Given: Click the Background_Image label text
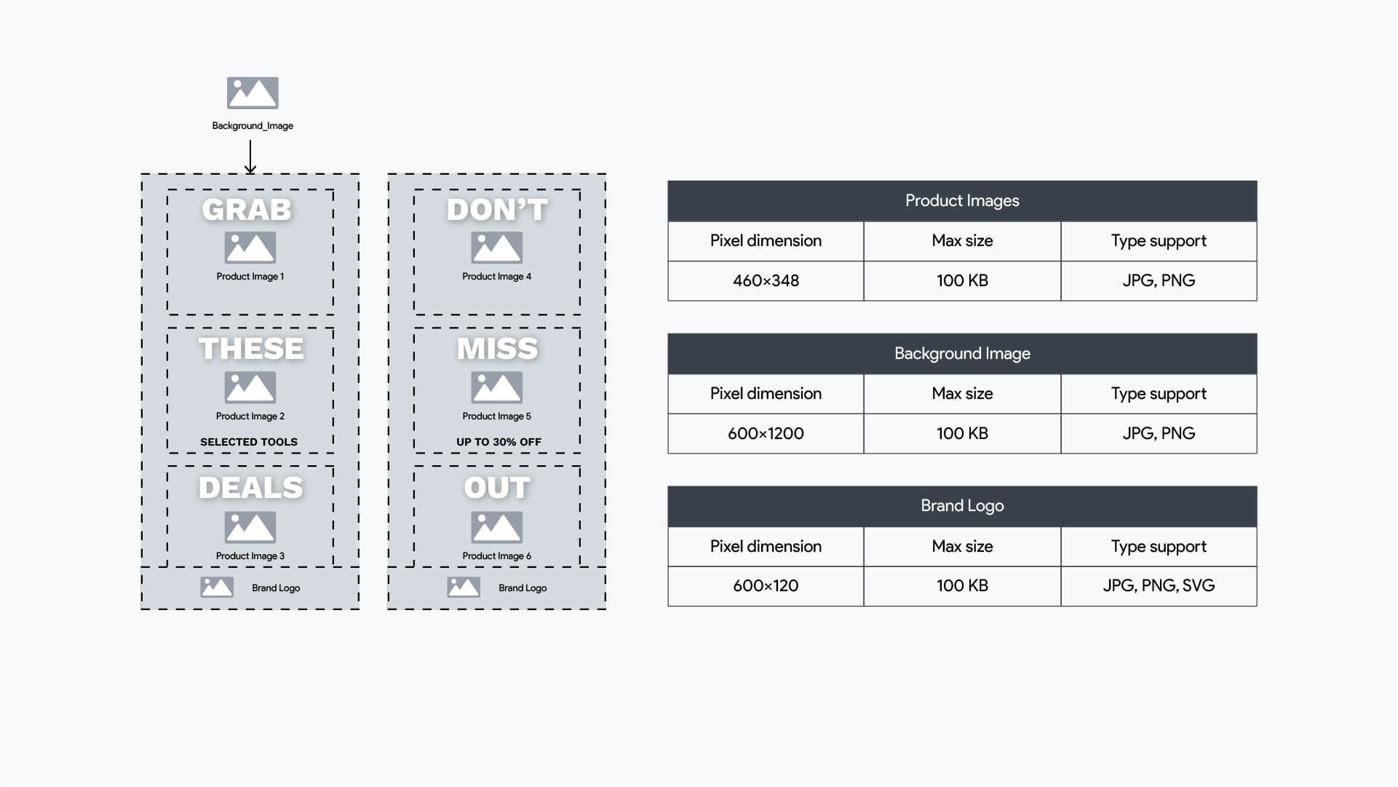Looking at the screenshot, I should coord(253,126).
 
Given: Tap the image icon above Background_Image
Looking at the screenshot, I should coord(253,93).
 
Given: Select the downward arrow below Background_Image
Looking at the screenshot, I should coord(250,157).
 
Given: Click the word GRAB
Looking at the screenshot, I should coord(247,210).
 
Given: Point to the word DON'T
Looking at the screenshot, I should coord(497,210).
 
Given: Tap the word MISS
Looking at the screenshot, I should coord(497,349).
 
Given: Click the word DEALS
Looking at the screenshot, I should coord(250,488).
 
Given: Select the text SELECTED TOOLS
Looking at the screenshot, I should coord(249,442).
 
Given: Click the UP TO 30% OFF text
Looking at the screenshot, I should coord(499,442).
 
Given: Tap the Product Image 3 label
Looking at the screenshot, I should coord(250,556).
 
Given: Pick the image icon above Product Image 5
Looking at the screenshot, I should coord(497,387).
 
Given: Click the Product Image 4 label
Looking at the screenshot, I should coord(497,277).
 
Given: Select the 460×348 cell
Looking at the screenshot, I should coord(766,281).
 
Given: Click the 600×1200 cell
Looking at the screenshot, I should coord(766,434).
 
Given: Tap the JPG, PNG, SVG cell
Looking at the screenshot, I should coord(1159,586).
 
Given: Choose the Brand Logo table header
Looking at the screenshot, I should coord(962,506).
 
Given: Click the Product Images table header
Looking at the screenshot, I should coord(962,201).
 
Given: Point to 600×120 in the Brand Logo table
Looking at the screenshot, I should coord(766,586).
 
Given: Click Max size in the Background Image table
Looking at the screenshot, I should coord(962,394).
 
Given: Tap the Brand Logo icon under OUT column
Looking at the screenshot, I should coord(464,587).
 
